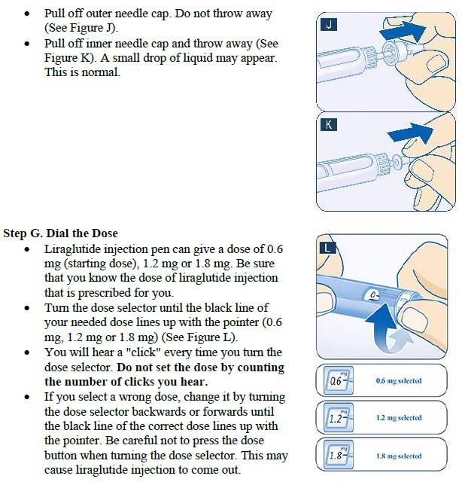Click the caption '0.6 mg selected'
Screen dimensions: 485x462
coord(399,381)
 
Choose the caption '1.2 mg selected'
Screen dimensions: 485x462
coord(399,418)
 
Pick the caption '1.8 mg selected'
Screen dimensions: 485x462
coord(399,456)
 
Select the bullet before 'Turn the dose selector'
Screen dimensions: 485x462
coord(28,309)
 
